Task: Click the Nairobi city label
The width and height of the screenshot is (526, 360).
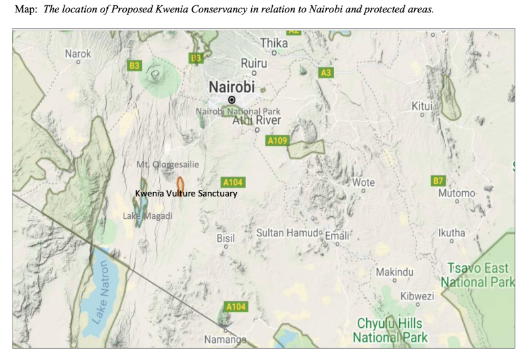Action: pos(231,86)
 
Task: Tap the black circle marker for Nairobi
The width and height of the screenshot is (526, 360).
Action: pos(231,99)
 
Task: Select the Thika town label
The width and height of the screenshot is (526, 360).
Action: pos(274,43)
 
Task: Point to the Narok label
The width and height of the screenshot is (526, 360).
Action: pos(78,53)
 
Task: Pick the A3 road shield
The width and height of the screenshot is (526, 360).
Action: pos(325,72)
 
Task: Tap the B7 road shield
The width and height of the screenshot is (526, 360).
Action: pos(438,180)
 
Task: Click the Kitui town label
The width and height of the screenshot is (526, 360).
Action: pos(422,106)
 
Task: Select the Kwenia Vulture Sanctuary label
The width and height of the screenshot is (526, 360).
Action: pos(186,194)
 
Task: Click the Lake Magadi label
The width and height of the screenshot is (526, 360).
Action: pos(148,216)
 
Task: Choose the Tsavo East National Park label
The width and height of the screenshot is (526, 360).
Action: pos(478,275)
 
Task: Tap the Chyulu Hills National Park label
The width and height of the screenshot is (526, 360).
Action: pos(390,330)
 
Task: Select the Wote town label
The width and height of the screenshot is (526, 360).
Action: pos(364,182)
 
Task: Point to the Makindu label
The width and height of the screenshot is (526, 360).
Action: pos(394,272)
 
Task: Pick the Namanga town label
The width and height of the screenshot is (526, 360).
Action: pos(225,340)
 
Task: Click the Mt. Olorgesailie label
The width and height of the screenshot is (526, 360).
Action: pos(167,164)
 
